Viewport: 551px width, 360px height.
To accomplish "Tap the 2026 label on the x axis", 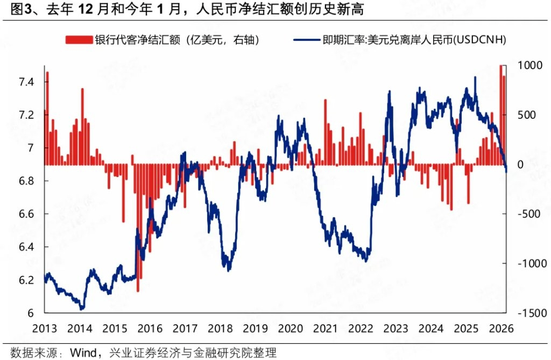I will pyautogui.click(x=499, y=328).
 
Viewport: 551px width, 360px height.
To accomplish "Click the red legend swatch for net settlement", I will pyautogui.click(x=79, y=40).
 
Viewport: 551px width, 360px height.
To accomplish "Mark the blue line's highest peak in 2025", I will pyautogui.click(x=475, y=77).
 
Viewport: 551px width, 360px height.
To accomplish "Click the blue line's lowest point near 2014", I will pyautogui.click(x=82, y=309).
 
